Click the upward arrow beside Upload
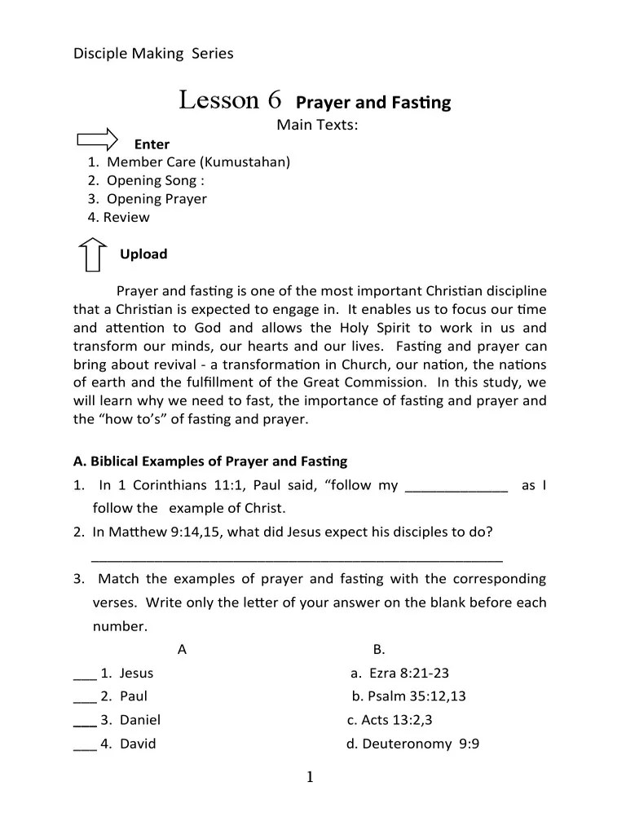click(x=93, y=254)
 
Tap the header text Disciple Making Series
click(x=153, y=54)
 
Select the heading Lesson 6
click(x=230, y=100)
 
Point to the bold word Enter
click(x=152, y=144)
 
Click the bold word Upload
click(x=143, y=254)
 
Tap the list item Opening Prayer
click(x=156, y=199)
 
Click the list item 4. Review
click(x=119, y=218)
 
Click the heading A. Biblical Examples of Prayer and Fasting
click(x=210, y=462)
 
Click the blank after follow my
click(x=456, y=487)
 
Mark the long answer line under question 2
click(x=297, y=559)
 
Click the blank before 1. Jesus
click(x=84, y=674)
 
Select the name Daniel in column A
click(x=140, y=720)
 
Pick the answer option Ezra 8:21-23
click(x=399, y=674)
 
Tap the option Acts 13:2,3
click(x=390, y=720)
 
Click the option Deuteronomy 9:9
click(x=412, y=744)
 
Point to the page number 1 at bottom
click(x=310, y=778)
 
